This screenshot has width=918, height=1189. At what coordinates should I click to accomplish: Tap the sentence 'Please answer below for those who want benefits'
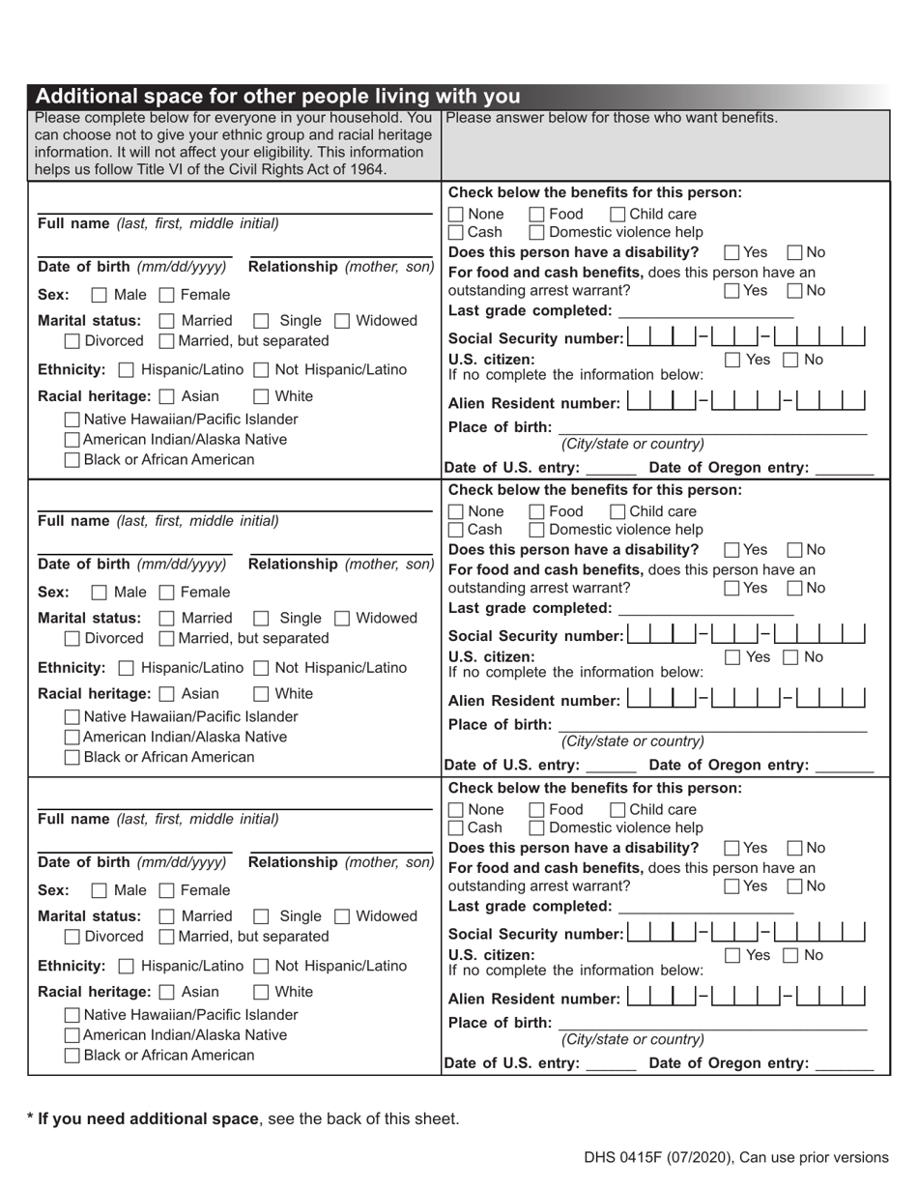tap(613, 118)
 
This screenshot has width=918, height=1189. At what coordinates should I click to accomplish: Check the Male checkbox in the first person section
tap(99, 295)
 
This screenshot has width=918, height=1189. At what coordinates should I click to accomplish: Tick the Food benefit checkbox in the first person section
tap(538, 214)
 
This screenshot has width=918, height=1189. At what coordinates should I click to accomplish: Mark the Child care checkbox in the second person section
tap(618, 511)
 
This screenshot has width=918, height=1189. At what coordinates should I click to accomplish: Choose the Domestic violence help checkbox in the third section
tap(538, 828)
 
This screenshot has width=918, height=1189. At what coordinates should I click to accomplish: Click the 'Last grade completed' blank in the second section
tap(705, 608)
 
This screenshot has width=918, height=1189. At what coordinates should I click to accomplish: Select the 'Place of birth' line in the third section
tap(713, 1022)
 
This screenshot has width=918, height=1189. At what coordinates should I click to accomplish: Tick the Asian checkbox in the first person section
tap(166, 396)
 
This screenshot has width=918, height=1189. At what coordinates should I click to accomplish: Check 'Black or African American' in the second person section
tap(72, 757)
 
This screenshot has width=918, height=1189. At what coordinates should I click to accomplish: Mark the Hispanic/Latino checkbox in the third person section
tap(127, 966)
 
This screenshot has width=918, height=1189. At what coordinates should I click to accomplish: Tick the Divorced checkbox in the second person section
tap(72, 639)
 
